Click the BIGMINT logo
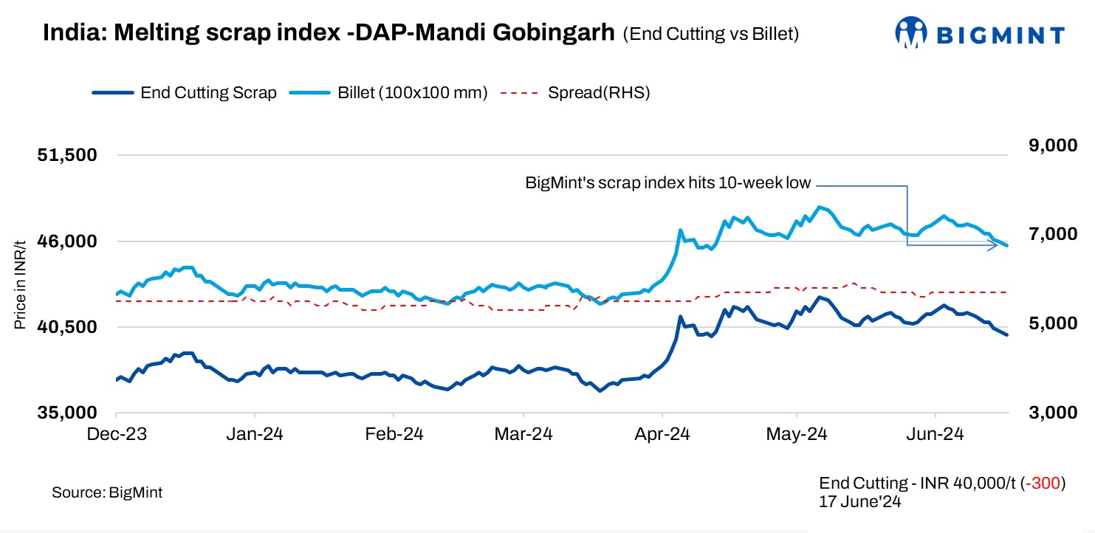point(979,34)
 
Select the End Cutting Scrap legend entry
point(185,93)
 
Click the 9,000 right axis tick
point(1049,146)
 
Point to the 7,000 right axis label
point(1049,234)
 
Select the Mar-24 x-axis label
point(523,435)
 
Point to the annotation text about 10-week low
point(667,183)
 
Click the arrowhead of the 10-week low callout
point(995,244)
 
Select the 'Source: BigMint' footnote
point(107,492)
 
